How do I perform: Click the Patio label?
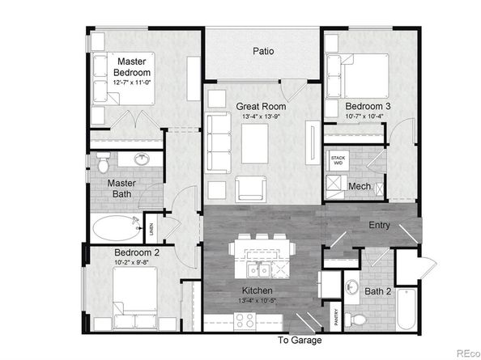262,51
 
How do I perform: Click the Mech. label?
360,187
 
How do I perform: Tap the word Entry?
381,225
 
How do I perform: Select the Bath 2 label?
378,290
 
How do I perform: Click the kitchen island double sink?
261,269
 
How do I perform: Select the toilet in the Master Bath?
102,164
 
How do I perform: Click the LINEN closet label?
151,230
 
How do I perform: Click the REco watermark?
465,352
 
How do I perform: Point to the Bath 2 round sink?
351,286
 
